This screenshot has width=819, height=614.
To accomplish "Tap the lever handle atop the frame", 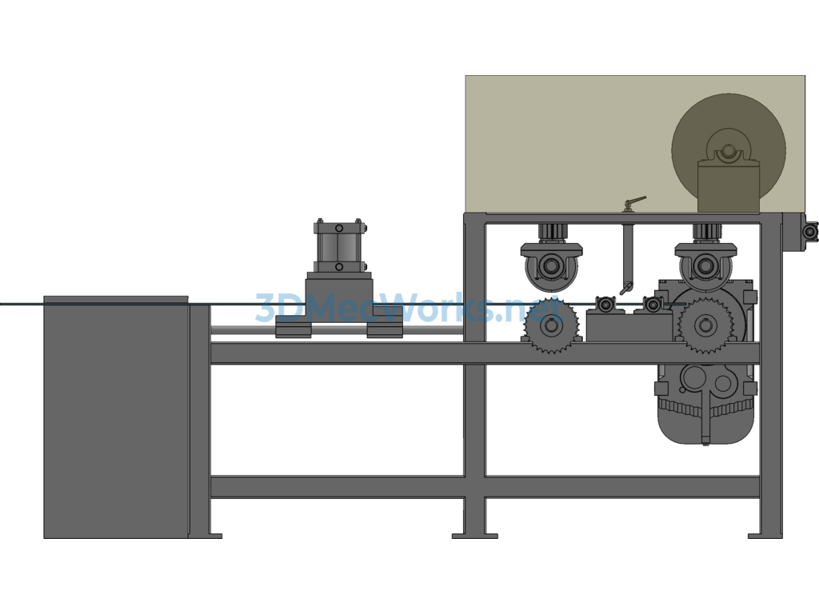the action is (634, 203).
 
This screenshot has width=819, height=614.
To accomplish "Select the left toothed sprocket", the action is (550, 325).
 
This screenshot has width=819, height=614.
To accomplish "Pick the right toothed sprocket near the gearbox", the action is (705, 325).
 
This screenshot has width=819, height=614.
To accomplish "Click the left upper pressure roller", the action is (551, 266).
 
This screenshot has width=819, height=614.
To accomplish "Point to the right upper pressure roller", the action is (705, 266).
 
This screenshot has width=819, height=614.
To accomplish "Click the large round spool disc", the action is (729, 151).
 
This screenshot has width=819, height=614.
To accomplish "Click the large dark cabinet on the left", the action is (116, 417).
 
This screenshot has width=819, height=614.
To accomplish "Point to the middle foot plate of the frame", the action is (475, 536).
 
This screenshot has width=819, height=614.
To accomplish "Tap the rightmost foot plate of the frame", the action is (765, 536).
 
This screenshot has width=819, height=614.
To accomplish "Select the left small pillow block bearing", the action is (605, 304).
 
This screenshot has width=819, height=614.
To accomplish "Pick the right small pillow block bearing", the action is (653, 304).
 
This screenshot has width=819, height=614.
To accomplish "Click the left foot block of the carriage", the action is (294, 330).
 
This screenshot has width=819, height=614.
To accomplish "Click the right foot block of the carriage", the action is (385, 330).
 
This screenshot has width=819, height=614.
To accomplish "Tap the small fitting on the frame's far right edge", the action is (811, 231).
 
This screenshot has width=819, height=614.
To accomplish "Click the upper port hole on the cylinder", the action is (339, 228).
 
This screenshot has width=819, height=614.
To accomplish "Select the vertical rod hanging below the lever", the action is (627, 256).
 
